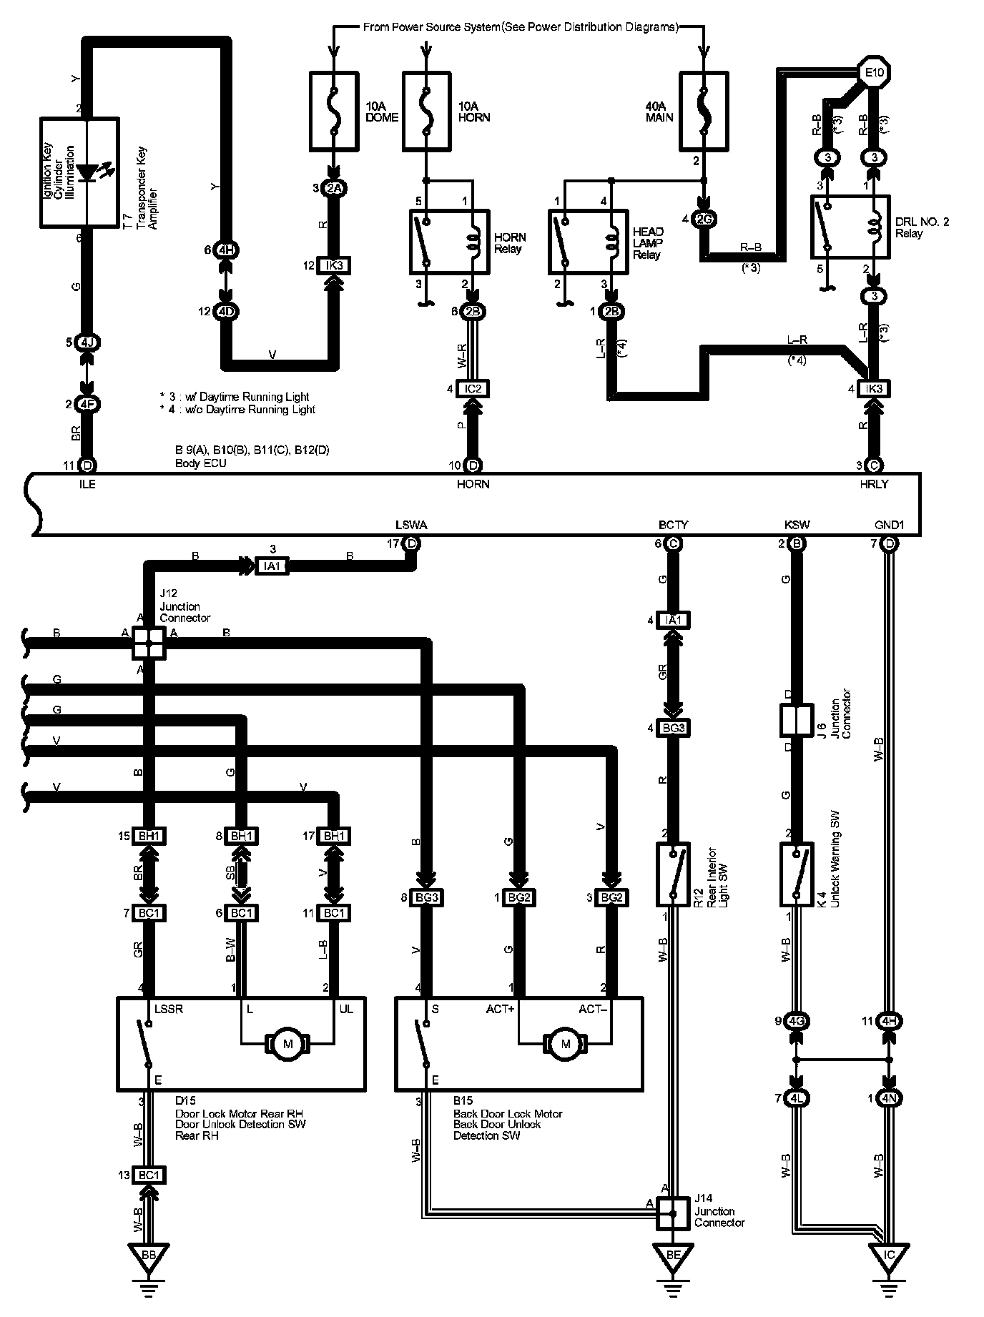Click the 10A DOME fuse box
click(x=334, y=110)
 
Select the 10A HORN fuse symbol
click(x=426, y=110)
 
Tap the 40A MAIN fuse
click(x=703, y=110)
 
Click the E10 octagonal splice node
click(x=874, y=72)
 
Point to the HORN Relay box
click(x=449, y=242)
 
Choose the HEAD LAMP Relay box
click(x=589, y=242)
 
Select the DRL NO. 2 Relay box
click(x=850, y=227)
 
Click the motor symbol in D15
click(x=288, y=1045)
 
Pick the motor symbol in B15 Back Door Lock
click(x=566, y=1045)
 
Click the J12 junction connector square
click(x=148, y=643)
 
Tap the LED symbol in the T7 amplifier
click(x=88, y=172)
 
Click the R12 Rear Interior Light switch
click(x=672, y=874)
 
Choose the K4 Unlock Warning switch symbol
click(x=796, y=874)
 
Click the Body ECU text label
click(x=201, y=463)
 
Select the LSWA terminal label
click(x=411, y=525)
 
